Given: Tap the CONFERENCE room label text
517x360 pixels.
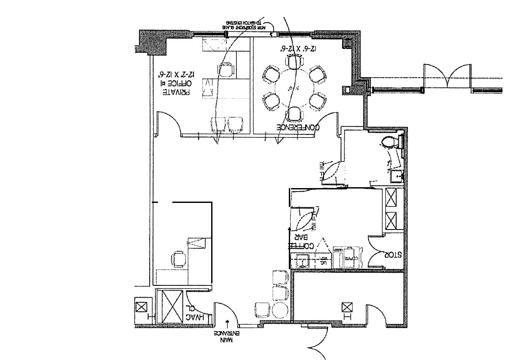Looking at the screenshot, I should click(299, 127).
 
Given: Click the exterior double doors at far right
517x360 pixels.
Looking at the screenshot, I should click(447, 76).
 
